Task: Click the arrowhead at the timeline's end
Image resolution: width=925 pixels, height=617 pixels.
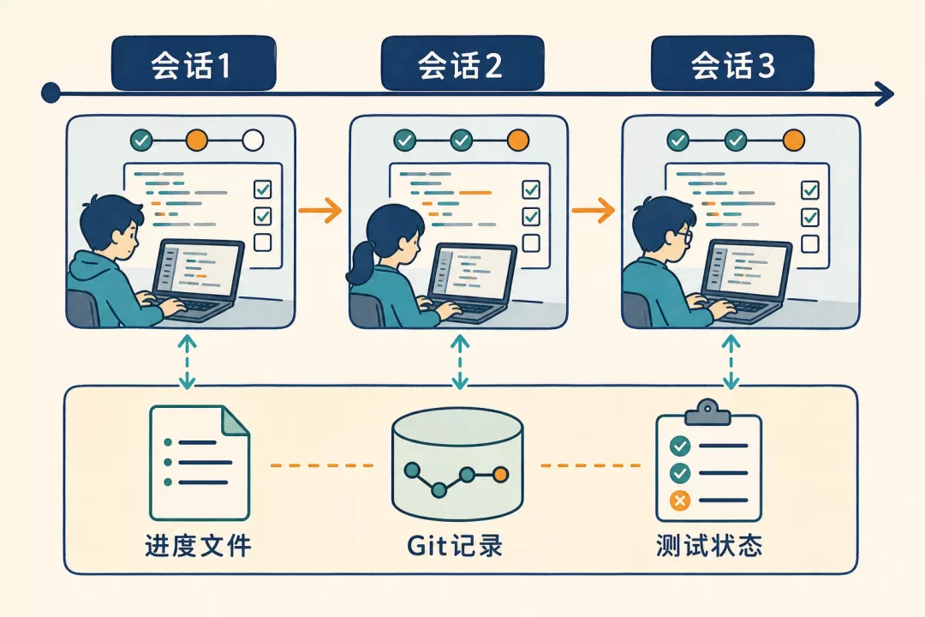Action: click(885, 94)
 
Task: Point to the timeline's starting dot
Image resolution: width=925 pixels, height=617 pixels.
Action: click(51, 93)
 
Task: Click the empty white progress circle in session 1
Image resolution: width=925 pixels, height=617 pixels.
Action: click(253, 141)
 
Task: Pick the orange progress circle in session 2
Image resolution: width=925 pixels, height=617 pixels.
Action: click(518, 140)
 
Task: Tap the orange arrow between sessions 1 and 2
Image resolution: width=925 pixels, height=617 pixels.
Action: click(319, 210)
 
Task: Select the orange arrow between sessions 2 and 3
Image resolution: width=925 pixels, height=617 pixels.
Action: click(594, 210)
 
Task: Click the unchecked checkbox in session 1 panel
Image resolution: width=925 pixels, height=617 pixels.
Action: click(263, 243)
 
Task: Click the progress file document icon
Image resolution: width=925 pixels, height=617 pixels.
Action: click(200, 463)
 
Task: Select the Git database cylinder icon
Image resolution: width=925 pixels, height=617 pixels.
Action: click(457, 464)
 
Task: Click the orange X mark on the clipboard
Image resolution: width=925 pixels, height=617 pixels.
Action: click(679, 500)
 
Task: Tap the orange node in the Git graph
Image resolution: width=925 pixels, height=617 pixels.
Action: click(500, 474)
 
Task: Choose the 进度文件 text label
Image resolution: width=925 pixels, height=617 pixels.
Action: click(198, 546)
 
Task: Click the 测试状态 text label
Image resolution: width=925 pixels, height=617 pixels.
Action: click(709, 546)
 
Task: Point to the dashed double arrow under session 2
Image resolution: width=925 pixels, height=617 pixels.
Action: click(460, 362)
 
